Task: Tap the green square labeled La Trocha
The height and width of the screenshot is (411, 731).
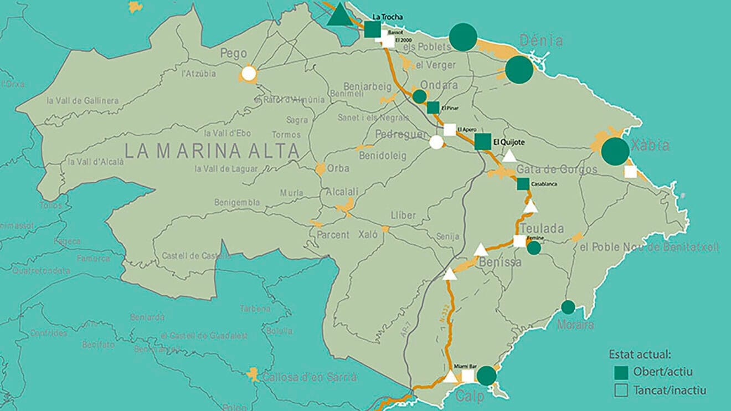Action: (x=373, y=29)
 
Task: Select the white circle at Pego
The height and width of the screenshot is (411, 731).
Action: (x=249, y=73)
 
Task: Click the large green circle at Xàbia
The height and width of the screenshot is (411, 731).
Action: (x=615, y=151)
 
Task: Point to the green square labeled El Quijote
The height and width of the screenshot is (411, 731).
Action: (x=482, y=142)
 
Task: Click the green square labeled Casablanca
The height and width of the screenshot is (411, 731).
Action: (x=523, y=184)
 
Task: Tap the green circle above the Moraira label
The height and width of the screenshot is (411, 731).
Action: (x=568, y=307)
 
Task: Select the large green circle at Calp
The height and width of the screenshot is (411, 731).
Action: (x=486, y=376)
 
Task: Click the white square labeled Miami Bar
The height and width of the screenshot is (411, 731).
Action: (x=467, y=376)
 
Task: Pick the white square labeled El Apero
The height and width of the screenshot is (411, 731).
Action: (x=450, y=130)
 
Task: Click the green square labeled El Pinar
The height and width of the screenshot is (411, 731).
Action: (x=433, y=107)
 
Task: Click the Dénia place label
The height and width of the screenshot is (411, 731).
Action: (x=541, y=41)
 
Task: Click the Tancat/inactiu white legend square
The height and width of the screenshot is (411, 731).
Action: (x=621, y=391)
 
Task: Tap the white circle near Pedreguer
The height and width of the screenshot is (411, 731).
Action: (x=436, y=142)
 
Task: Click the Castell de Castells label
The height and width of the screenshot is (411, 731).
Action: (x=196, y=256)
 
